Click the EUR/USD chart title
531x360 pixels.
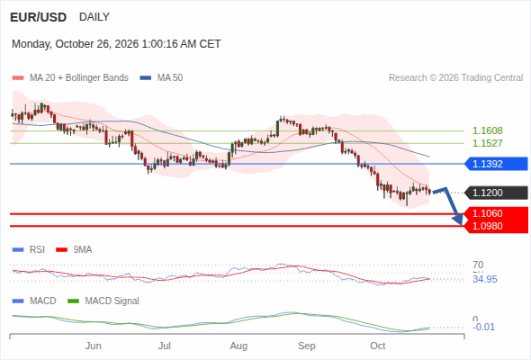pos(39,17)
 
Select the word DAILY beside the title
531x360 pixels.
pos(94,17)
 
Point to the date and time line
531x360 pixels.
pos(116,44)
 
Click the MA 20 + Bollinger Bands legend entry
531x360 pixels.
pos(70,78)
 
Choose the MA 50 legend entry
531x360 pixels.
pos(161,78)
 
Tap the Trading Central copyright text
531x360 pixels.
pos(455,78)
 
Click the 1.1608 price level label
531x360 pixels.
pos(487,130)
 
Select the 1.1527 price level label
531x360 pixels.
pos(487,143)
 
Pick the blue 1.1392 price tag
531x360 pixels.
pos(496,164)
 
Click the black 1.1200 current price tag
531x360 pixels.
pos(496,193)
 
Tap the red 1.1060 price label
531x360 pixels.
pos(496,213)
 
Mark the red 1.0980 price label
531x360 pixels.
pos(496,226)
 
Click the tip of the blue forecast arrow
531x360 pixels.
pos(461,225)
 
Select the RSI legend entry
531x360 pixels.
pos(29,250)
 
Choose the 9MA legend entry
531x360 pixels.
pos(74,250)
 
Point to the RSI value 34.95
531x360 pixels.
pos(485,279)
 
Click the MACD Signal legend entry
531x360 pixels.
pos(103,301)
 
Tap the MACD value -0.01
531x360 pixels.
pos(483,327)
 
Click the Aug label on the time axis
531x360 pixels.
pos(238,346)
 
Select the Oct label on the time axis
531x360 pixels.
pos(378,346)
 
